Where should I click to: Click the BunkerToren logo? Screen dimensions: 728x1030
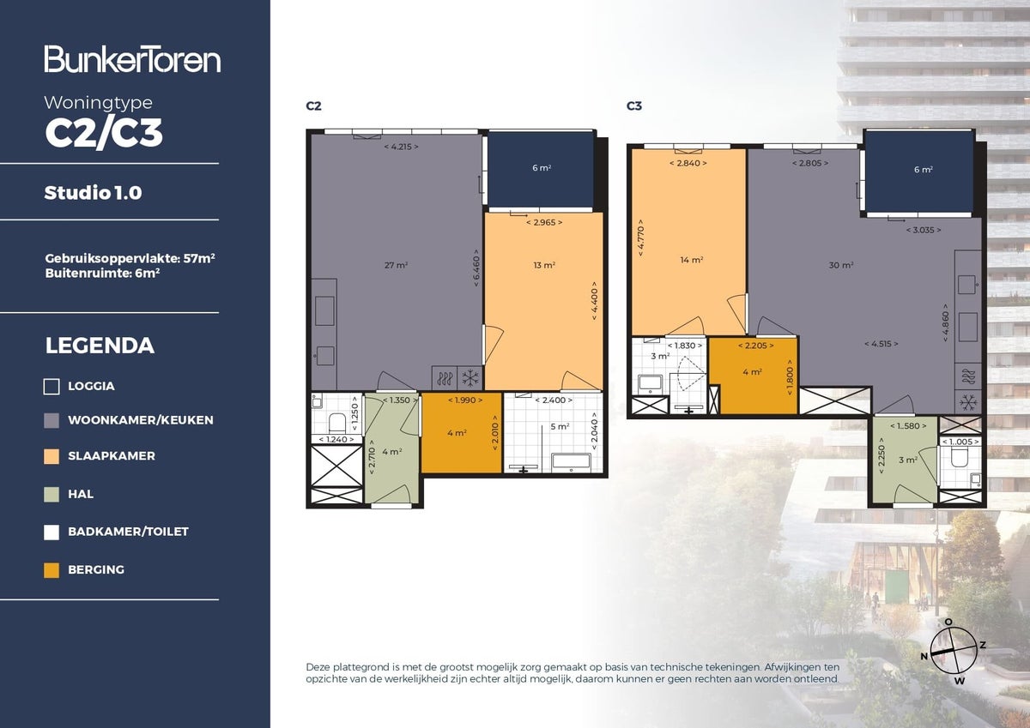click(x=132, y=59)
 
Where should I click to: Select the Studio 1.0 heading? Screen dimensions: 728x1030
click(x=93, y=193)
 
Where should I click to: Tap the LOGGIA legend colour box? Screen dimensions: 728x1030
click(x=51, y=387)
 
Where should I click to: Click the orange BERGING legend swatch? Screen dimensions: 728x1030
click(x=51, y=569)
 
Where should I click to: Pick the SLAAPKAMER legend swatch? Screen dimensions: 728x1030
click(x=51, y=456)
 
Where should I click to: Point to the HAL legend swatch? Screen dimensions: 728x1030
click(x=51, y=494)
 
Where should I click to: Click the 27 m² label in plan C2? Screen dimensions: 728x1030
click(x=396, y=265)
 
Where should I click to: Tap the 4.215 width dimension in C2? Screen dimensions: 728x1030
click(x=400, y=147)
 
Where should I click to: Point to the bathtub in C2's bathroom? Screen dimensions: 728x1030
click(x=569, y=462)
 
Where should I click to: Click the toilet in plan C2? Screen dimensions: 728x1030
click(x=336, y=422)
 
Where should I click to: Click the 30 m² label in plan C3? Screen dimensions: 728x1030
click(x=842, y=265)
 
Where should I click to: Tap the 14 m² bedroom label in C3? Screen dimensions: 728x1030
click(x=692, y=260)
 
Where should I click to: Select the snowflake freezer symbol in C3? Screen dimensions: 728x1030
click(x=968, y=401)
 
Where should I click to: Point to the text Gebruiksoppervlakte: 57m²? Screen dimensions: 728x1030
click(x=129, y=257)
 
